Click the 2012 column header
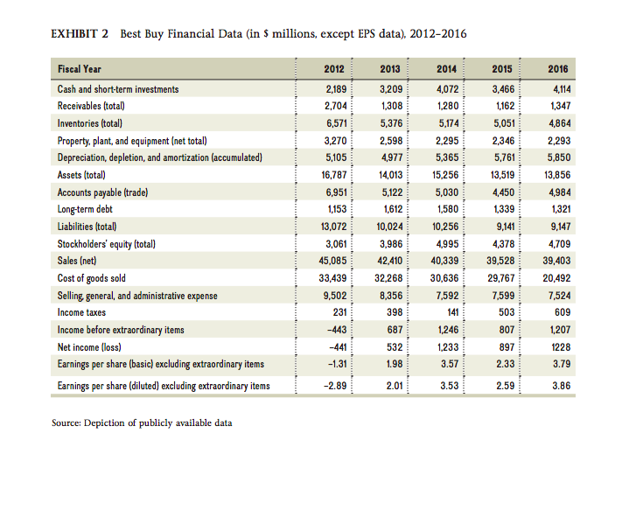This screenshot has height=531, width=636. [x=333, y=69]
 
